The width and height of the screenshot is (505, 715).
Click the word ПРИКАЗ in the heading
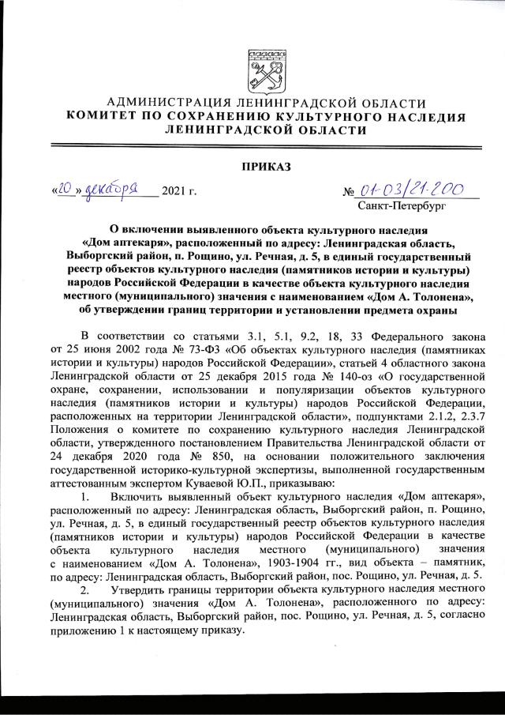point(252,166)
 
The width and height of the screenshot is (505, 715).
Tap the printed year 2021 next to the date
point(174,191)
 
